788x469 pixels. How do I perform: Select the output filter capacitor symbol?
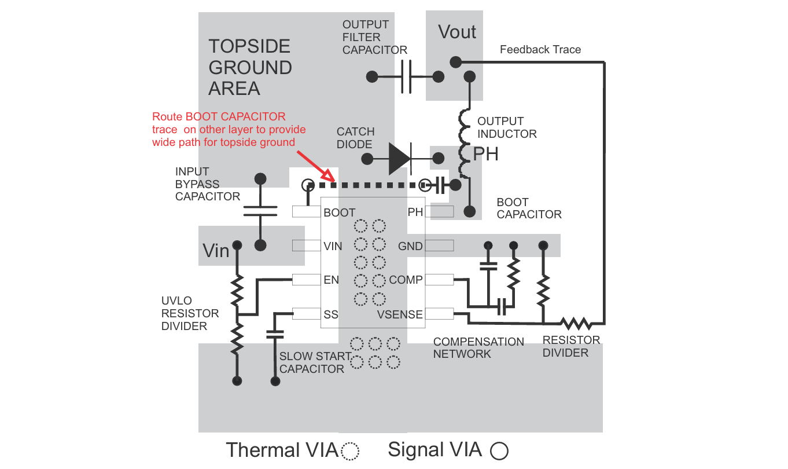[x=406, y=77]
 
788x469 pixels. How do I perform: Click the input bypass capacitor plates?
[x=260, y=211]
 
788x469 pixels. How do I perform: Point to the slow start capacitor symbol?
[x=275, y=334]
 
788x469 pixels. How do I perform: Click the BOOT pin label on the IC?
[x=340, y=212]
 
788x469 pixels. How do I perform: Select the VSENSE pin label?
[x=400, y=314]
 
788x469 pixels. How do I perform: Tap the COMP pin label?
[x=406, y=280]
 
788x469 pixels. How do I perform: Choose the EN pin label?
[x=331, y=280]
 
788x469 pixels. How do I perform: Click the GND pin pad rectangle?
[x=439, y=246]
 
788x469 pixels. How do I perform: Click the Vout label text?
[x=457, y=32]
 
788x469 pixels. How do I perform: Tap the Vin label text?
[x=216, y=251]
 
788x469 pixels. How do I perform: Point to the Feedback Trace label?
[x=540, y=50]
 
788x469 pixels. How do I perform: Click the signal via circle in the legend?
[x=499, y=451]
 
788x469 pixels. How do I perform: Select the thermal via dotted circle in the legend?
[x=351, y=451]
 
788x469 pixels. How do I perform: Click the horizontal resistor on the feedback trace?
[x=576, y=323]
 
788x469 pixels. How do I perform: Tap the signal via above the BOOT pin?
[x=308, y=185]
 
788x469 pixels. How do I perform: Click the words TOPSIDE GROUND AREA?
[x=250, y=67]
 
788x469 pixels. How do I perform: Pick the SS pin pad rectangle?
[x=307, y=314]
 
